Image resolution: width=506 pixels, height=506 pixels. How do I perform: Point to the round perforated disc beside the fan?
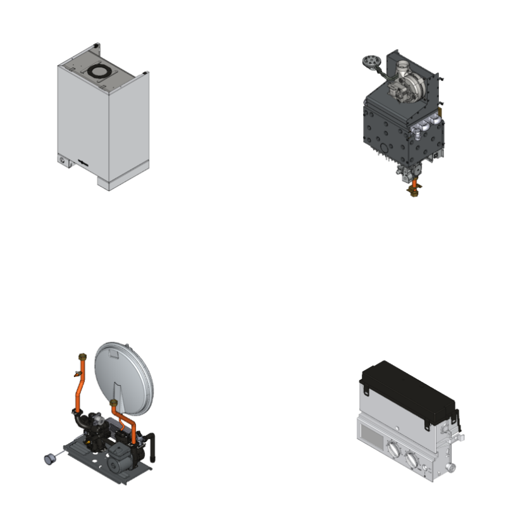[x=369, y=61]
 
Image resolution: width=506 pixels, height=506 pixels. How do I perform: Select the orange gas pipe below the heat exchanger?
[x=414, y=184]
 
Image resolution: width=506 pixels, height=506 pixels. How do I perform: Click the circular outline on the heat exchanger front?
[x=382, y=148]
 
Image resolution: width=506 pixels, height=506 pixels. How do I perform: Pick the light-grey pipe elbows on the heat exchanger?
[x=423, y=132]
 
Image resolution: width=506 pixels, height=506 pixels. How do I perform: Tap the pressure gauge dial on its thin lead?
[x=47, y=458]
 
